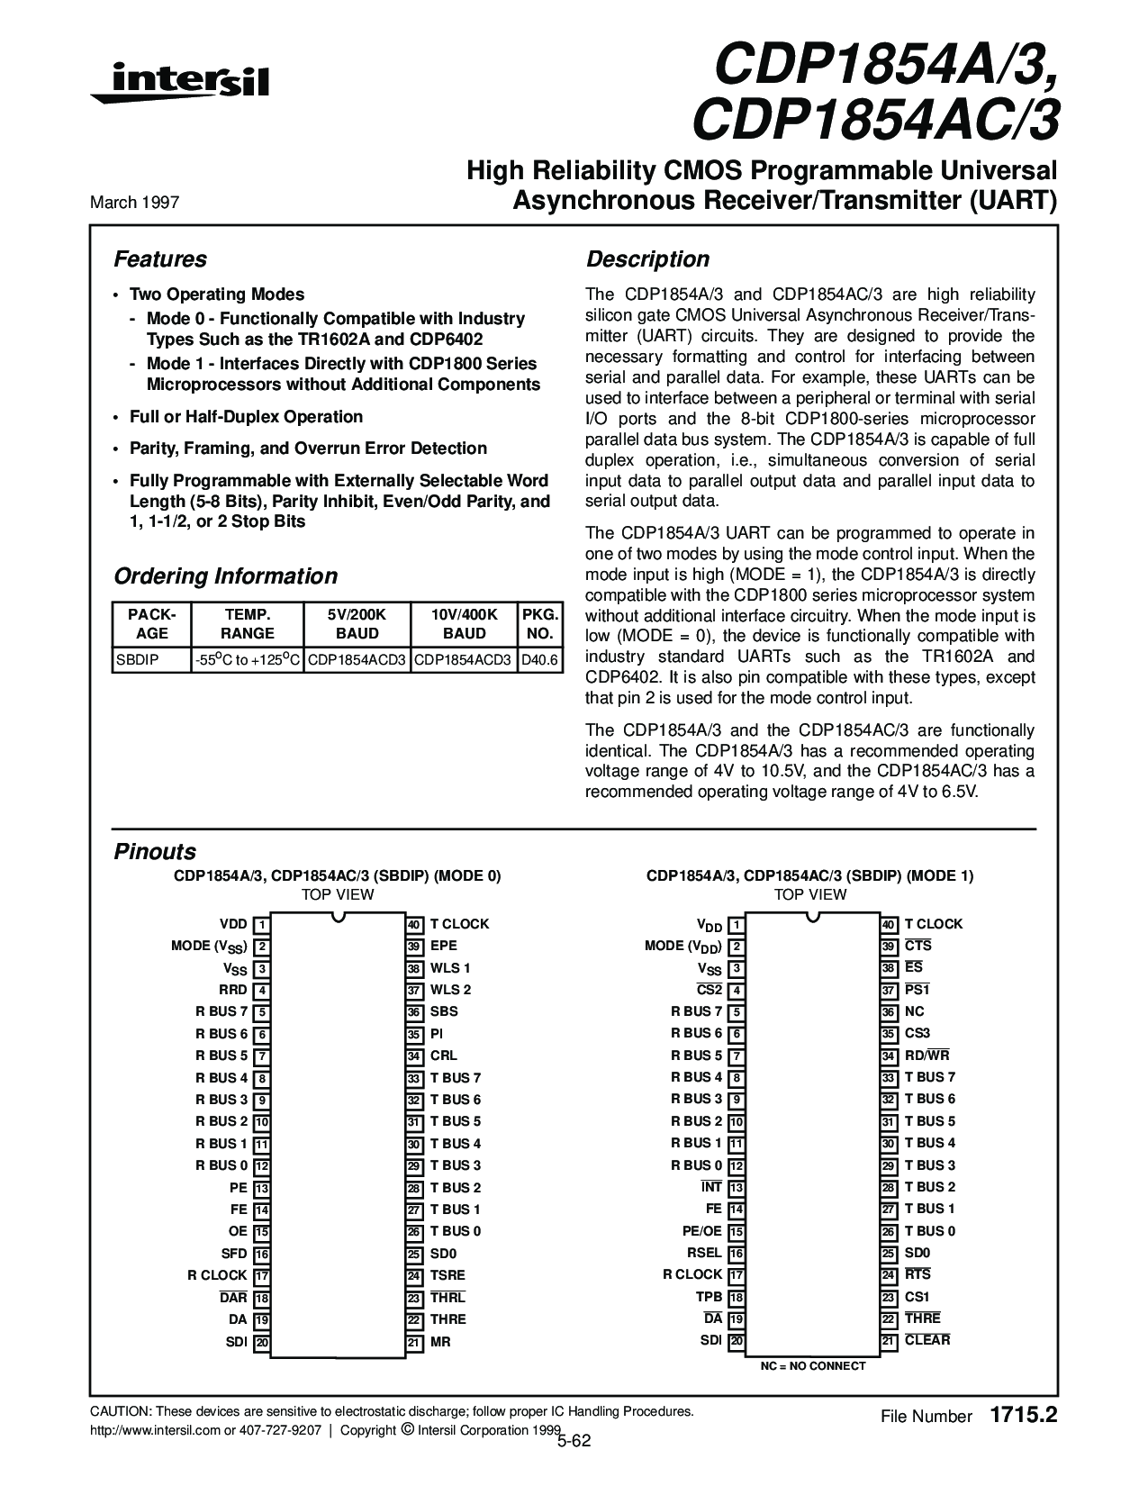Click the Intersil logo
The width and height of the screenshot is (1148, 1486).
click(179, 82)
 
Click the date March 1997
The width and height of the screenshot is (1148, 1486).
click(134, 203)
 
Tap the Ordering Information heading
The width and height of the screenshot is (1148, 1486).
click(226, 576)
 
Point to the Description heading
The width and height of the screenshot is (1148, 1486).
click(648, 259)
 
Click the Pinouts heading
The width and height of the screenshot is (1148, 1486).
click(155, 852)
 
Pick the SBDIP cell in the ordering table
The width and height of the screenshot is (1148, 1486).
click(138, 660)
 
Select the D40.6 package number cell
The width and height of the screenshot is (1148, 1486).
click(539, 660)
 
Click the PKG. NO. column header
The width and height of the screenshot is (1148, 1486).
click(539, 623)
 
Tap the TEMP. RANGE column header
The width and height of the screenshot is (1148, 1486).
click(247, 623)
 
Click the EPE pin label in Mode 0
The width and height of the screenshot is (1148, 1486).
click(444, 946)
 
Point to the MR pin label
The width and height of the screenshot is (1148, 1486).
click(440, 1342)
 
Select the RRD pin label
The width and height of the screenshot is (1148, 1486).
click(233, 990)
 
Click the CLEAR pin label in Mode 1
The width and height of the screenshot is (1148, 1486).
click(927, 1340)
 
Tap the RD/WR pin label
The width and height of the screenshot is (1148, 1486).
click(927, 1056)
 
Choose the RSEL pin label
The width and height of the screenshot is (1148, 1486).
click(704, 1253)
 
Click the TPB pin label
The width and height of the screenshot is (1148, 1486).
click(709, 1297)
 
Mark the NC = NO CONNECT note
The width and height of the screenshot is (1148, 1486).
click(813, 1366)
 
